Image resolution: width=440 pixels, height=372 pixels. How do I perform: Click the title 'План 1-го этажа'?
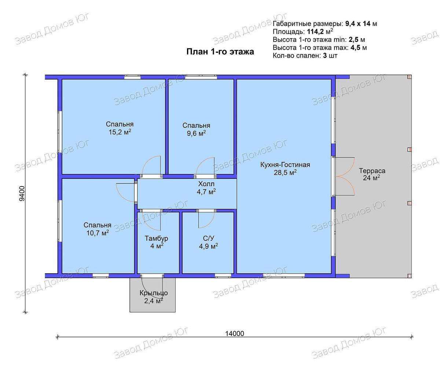220,52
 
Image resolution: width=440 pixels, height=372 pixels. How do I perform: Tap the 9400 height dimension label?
22,193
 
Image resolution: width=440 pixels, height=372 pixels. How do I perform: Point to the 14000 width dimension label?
235,333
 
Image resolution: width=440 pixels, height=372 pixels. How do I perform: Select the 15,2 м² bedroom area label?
120,132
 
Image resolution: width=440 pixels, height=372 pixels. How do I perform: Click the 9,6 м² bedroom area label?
196,133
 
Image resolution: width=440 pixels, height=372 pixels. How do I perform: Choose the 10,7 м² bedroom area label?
98,233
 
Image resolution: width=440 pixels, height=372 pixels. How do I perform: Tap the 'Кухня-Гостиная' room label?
285,165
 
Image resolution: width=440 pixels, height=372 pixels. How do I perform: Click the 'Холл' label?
206,184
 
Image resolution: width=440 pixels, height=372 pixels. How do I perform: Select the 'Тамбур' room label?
156,238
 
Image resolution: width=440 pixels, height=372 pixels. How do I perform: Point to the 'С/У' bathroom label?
208,238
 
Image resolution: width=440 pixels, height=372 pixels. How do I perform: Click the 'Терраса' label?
372,171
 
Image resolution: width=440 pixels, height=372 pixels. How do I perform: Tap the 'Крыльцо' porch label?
154,293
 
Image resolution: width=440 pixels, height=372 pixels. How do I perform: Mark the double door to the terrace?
345,176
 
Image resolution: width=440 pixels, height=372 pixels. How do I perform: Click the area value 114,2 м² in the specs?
320,32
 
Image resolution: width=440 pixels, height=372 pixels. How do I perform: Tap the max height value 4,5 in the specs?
355,48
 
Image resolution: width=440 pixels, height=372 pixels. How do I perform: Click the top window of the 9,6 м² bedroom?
201,77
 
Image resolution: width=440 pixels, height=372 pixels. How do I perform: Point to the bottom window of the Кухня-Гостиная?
284,275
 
